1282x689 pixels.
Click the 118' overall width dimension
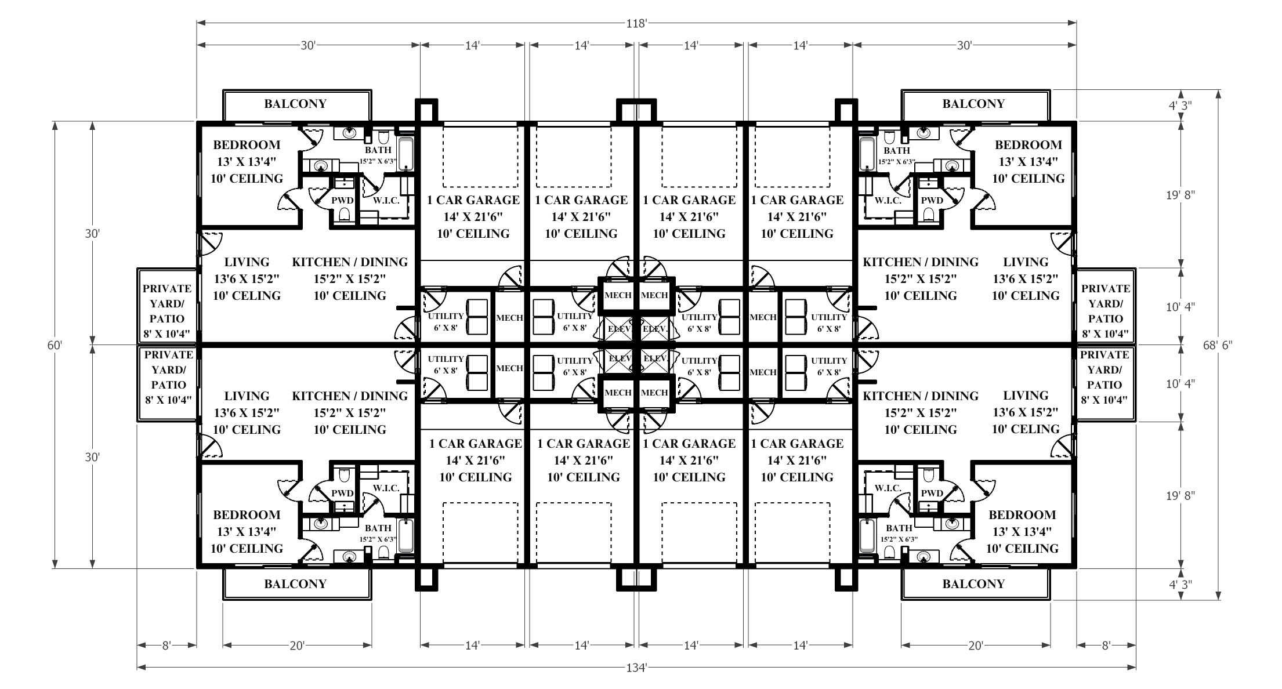(x=636, y=24)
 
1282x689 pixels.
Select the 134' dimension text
(x=636, y=668)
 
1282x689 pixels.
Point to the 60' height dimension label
(x=55, y=345)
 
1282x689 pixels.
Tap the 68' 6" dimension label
(x=1218, y=345)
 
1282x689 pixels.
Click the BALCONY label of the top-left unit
(x=295, y=104)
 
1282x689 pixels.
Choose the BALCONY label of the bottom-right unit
(x=973, y=584)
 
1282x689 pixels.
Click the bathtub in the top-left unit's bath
(x=406, y=153)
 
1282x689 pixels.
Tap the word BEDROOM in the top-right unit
(x=1028, y=145)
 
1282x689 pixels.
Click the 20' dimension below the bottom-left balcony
(x=297, y=646)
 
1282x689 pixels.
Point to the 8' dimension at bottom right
(x=1106, y=646)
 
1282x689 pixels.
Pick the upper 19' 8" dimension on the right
(x=1180, y=195)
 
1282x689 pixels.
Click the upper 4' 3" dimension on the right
(x=1180, y=106)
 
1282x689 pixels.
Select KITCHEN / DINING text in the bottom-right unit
(x=920, y=396)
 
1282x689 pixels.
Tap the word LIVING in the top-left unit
(x=247, y=262)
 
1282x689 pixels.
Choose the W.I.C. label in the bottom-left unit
(x=386, y=488)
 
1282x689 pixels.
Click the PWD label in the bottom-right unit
(x=932, y=493)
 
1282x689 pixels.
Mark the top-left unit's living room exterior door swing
(x=209, y=244)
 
